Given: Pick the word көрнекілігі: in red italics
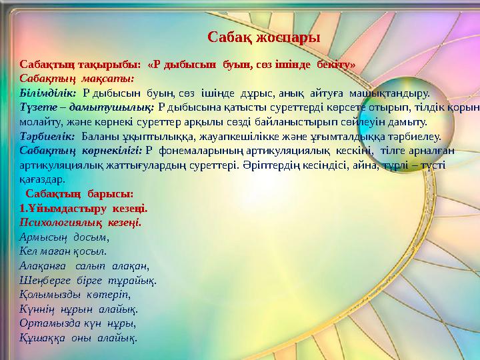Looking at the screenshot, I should pyautogui.click(x=114, y=151).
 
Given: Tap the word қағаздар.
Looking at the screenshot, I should pyautogui.click(x=42, y=179).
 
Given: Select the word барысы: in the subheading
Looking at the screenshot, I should pyautogui.click(x=111, y=193).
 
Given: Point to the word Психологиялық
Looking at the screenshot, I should pyautogui.click(x=61, y=222).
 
